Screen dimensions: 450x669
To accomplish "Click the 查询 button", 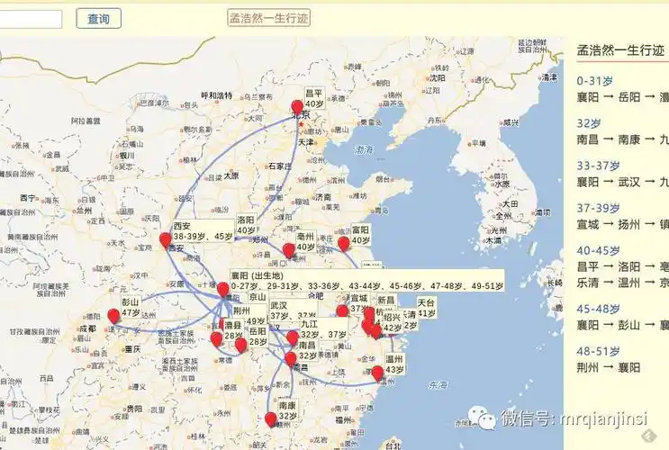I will pos(98,18).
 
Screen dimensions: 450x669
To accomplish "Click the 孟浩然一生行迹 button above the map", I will pos(268,18).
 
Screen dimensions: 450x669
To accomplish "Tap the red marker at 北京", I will pos(297,107).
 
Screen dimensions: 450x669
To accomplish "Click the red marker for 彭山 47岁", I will pos(113,316).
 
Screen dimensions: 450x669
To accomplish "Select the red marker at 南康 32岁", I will pos(271,418).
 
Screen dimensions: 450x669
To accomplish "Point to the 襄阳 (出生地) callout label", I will pos(258,275).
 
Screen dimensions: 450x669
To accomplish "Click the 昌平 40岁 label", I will pos(313,98).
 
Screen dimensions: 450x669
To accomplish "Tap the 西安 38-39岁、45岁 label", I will pos(198,230).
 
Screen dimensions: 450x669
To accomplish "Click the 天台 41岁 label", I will pos(426,308).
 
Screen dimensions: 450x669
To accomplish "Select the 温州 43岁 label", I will pos(394,364).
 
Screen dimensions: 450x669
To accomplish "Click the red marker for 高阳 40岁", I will pos(343,243).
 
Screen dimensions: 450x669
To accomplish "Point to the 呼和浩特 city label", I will pos(216,95).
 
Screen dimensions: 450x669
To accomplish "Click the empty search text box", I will pos(31,18).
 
